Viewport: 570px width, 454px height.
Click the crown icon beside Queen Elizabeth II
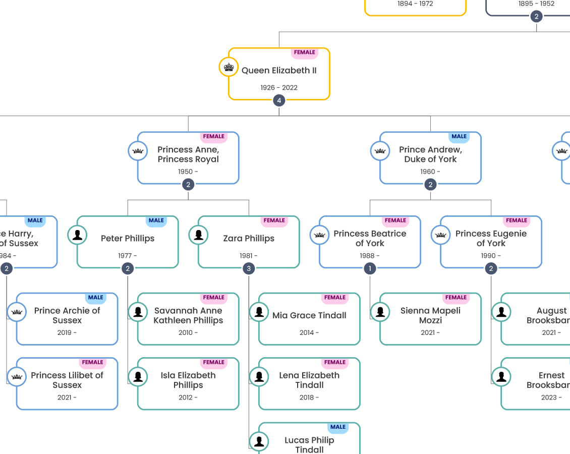(229, 67)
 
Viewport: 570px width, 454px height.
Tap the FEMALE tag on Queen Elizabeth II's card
(305, 52)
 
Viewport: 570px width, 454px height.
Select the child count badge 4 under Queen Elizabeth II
(279, 100)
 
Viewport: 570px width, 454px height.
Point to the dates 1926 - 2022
(279, 88)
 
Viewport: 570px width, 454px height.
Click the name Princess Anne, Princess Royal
(188, 154)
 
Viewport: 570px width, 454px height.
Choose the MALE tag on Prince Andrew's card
(459, 137)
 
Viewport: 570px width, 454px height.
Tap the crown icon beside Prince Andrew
(380, 151)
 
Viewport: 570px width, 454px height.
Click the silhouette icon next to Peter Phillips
(77, 235)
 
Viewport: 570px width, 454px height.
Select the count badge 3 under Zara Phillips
(249, 269)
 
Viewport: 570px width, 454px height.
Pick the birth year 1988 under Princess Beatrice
(370, 256)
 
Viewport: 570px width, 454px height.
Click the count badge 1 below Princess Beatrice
(370, 269)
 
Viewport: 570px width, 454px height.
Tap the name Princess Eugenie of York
(491, 238)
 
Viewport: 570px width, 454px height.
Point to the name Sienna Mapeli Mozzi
(430, 315)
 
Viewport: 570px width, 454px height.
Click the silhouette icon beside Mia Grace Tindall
(259, 312)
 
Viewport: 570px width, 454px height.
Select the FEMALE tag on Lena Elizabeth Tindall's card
(335, 362)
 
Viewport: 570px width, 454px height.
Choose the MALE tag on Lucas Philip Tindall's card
(338, 427)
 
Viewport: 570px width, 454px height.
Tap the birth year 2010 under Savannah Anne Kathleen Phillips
(188, 333)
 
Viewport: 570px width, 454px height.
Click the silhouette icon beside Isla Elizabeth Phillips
(138, 376)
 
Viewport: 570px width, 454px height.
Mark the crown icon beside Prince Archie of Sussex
(17, 312)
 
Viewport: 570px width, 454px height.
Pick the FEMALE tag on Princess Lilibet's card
(93, 362)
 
